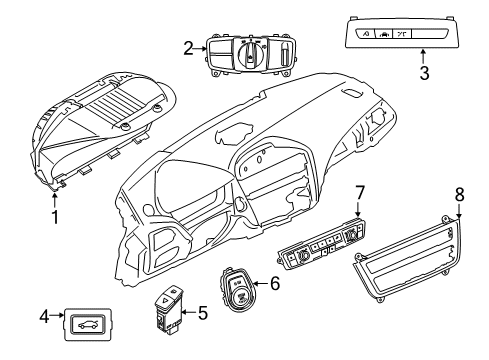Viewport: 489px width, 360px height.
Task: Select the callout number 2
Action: [x=188, y=47]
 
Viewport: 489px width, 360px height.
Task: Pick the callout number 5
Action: [x=203, y=313]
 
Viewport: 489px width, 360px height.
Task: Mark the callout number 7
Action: [x=361, y=190]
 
